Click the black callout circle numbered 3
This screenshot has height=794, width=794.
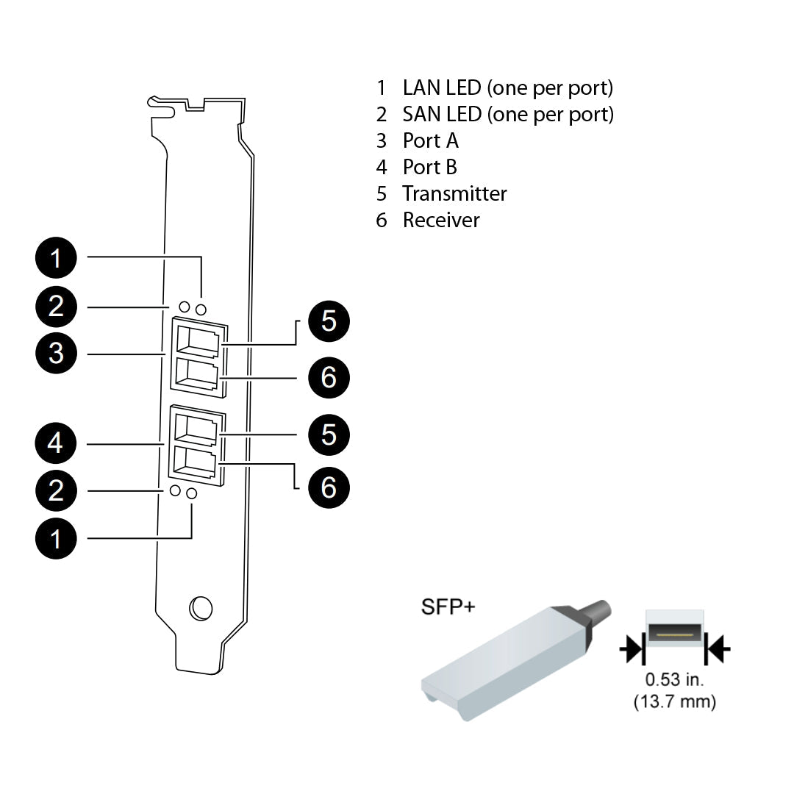coord(57,354)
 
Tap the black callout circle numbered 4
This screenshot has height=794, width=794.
coord(57,443)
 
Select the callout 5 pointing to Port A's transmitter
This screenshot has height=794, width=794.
coord(329,321)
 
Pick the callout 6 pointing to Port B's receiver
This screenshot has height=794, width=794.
coord(329,487)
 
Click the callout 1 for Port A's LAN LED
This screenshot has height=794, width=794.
coord(57,257)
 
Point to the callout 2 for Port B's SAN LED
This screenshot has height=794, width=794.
coord(57,490)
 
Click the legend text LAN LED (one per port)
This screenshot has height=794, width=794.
coord(507,88)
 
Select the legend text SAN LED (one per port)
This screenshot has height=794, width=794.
coord(508,115)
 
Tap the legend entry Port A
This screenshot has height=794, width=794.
coord(430,141)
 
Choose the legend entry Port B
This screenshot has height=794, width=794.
coord(429,168)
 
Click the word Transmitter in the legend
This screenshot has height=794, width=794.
coord(454,194)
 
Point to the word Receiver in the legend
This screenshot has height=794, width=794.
coord(441,221)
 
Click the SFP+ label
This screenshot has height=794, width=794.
coord(448,607)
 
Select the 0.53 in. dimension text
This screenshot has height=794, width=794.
coord(674,679)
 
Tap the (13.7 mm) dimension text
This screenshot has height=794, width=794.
coord(674,701)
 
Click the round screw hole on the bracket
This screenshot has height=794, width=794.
coord(200,608)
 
